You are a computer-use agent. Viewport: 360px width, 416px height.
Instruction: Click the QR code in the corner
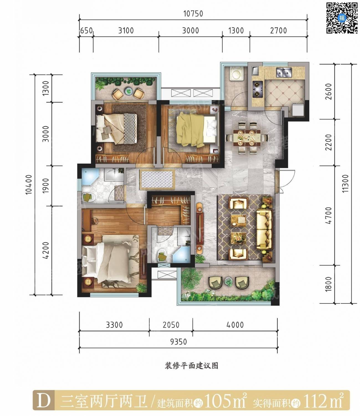coord(342,18)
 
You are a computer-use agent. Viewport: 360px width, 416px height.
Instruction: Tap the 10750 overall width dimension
coord(193,14)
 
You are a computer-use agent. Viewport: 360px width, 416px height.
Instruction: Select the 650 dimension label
coord(86,31)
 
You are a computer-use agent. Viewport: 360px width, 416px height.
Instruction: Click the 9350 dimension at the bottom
coord(178,341)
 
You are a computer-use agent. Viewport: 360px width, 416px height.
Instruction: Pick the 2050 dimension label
coord(171,325)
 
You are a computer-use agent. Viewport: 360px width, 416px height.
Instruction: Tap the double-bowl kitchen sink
coord(284,72)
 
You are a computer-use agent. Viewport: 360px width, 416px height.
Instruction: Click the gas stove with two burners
coord(257,89)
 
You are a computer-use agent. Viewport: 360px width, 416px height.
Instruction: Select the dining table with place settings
coord(247,138)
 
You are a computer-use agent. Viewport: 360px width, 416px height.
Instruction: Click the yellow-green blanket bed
coord(197,130)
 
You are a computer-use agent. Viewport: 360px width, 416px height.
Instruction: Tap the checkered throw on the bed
coord(130,128)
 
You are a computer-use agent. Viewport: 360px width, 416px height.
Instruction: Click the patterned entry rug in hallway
coord(157,179)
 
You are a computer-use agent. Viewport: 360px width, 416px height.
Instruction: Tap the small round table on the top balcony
coord(128,91)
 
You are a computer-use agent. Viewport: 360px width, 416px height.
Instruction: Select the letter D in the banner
coord(44,401)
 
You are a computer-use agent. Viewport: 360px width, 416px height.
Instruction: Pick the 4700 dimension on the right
coord(328,215)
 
